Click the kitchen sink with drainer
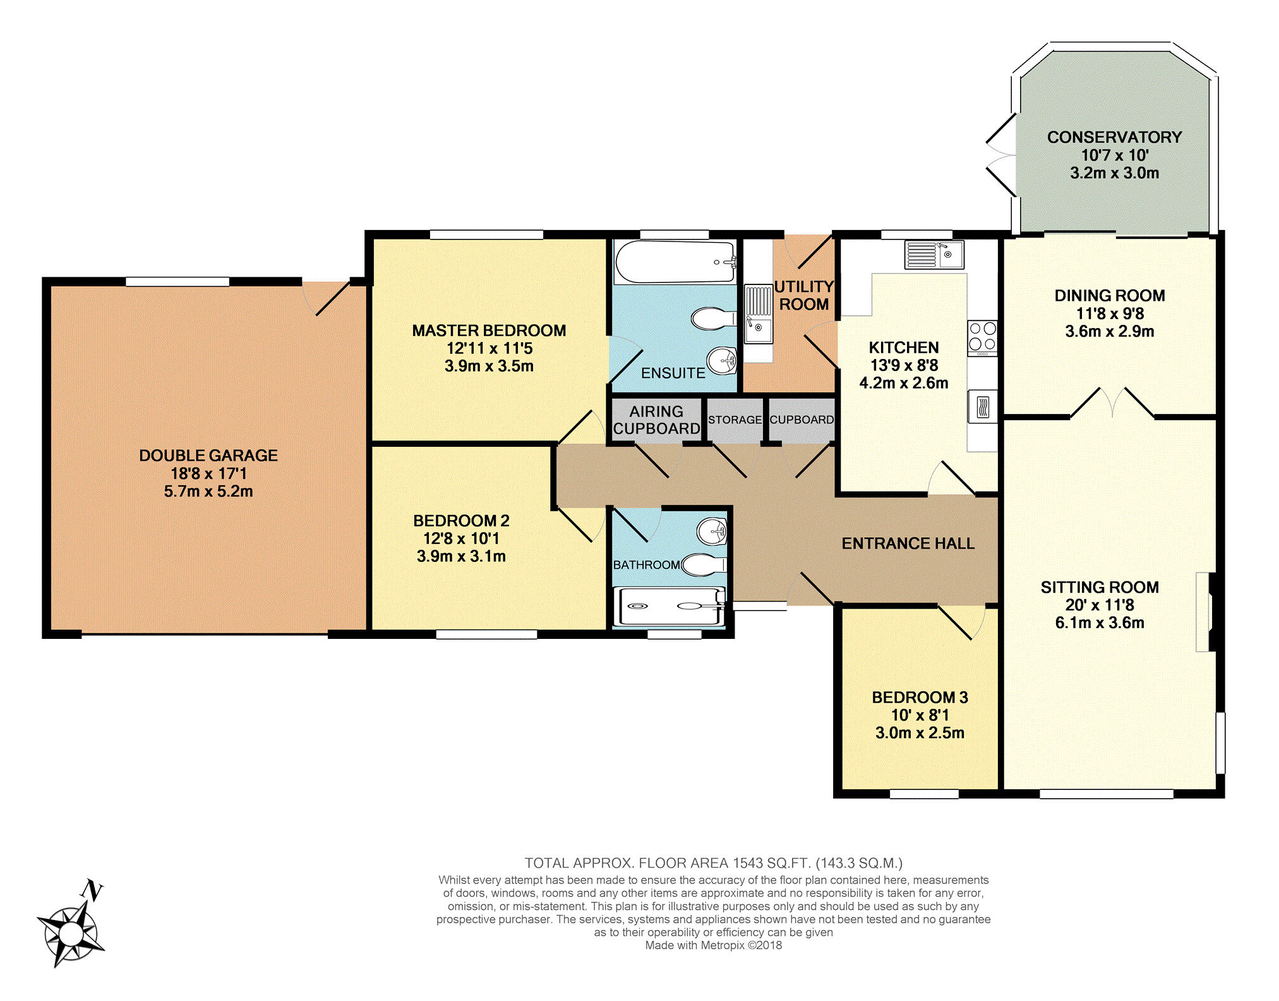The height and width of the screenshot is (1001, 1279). tap(934, 255)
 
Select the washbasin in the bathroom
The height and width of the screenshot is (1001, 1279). tap(712, 531)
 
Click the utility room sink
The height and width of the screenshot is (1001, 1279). tap(758, 314)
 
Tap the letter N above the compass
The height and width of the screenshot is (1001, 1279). tap(92, 890)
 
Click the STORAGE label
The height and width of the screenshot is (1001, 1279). tap(735, 420)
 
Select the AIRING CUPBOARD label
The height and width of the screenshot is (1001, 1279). tap(657, 420)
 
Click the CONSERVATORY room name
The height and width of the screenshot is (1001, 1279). tap(1114, 137)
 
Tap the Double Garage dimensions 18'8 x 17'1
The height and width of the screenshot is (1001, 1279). tap(208, 473)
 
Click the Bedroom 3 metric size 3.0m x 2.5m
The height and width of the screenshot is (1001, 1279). tap(920, 733)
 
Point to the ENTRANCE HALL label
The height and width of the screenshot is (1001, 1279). tap(908, 543)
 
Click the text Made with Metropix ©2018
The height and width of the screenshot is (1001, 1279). tap(714, 945)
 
